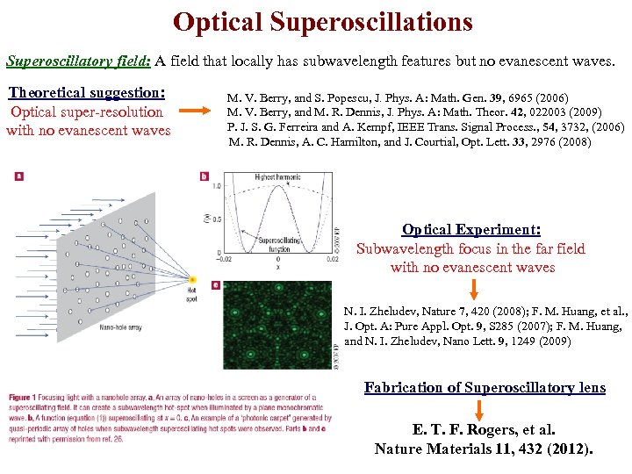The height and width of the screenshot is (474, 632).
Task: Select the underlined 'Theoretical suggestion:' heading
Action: point(87,92)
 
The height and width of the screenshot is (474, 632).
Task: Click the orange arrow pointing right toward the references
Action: point(198,112)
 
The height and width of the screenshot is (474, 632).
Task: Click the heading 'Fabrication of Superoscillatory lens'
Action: point(485,387)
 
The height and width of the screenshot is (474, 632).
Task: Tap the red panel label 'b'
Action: point(204,176)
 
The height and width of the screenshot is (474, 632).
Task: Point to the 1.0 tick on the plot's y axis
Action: point(217,186)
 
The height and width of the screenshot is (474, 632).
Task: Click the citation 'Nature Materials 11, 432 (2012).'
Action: point(484,449)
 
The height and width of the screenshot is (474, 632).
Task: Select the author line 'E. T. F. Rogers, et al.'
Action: point(484,430)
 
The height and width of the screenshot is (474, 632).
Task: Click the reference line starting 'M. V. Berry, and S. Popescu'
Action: point(398,97)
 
